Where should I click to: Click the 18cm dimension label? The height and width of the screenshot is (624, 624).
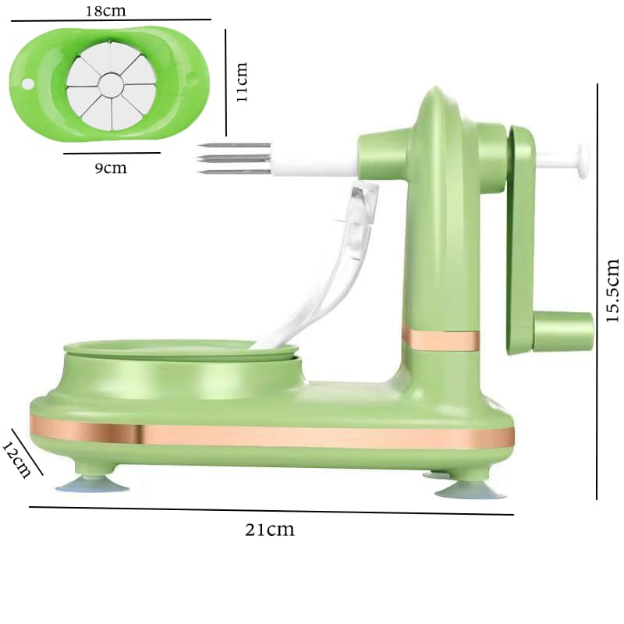(105, 11)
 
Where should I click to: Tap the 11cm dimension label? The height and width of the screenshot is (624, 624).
(242, 82)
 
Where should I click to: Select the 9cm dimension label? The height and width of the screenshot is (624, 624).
(111, 168)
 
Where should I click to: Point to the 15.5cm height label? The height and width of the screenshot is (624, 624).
(612, 290)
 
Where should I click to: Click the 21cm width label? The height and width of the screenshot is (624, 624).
(270, 530)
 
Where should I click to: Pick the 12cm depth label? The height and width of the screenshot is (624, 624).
(16, 459)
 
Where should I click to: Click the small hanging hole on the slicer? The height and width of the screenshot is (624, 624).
(28, 84)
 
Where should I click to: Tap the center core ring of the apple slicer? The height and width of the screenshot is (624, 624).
(110, 84)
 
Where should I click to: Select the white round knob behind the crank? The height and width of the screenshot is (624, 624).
(583, 161)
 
